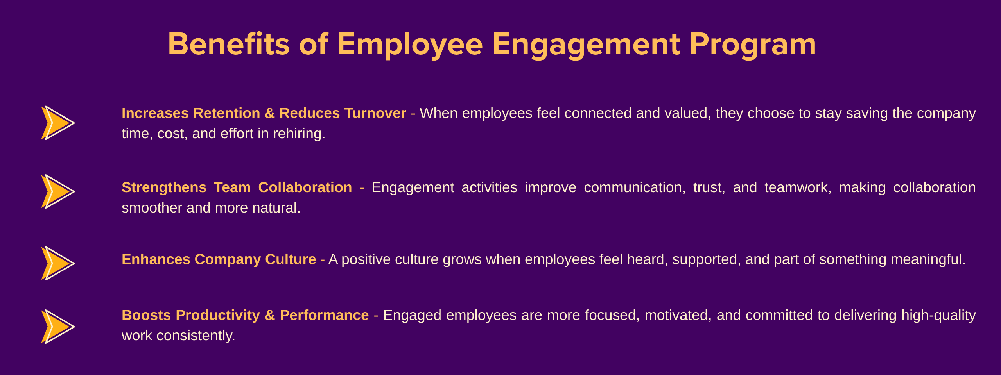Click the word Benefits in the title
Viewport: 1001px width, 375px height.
click(x=229, y=44)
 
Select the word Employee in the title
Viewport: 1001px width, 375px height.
click(x=410, y=45)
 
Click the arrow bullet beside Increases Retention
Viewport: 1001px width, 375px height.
click(x=58, y=123)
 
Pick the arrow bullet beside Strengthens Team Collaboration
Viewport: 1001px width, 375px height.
click(x=58, y=191)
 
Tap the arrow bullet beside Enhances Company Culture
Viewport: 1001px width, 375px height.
click(x=58, y=263)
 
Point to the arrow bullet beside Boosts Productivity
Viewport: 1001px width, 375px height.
click(x=58, y=327)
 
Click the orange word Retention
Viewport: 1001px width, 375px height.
click(x=227, y=113)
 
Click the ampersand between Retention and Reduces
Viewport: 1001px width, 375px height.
click(x=270, y=113)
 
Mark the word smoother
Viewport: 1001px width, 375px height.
click(x=152, y=208)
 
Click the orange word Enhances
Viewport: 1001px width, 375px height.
click(x=156, y=259)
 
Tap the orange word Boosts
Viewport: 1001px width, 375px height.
click(x=146, y=315)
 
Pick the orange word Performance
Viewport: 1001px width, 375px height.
click(x=324, y=315)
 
